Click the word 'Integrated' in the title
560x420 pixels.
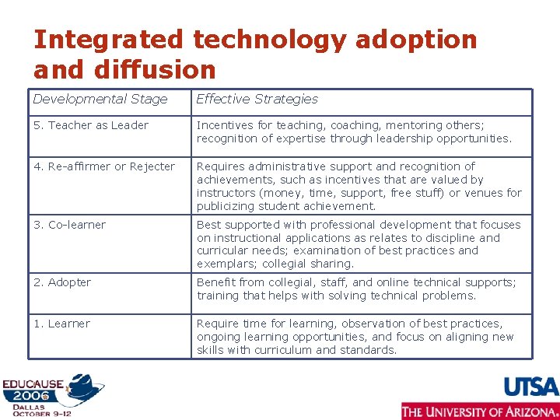point(109,40)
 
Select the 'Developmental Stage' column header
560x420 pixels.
point(100,99)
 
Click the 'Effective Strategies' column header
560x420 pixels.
point(257,99)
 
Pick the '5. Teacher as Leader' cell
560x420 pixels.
point(91,125)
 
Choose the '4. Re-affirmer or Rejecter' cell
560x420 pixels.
point(104,166)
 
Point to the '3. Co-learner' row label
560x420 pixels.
point(69,225)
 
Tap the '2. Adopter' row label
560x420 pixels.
point(62,282)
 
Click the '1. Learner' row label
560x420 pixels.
point(61,324)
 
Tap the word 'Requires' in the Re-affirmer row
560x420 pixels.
point(221,166)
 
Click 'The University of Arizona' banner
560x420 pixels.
point(480,411)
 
